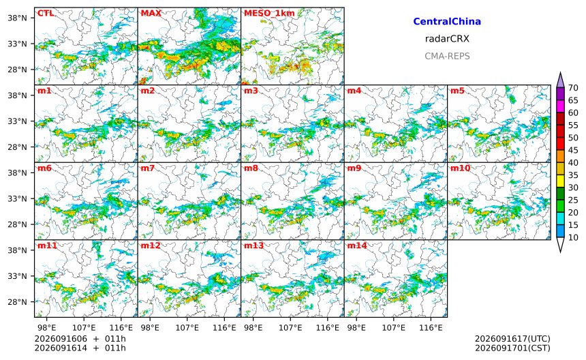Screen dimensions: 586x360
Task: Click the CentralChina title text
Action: click(x=447, y=21)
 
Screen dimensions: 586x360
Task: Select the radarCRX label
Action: click(x=447, y=38)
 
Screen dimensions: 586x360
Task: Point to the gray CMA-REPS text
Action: click(x=447, y=56)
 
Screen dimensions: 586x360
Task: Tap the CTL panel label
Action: click(x=45, y=13)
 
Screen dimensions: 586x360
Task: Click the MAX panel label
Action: click(x=151, y=13)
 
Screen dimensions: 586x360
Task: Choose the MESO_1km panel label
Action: click(x=269, y=14)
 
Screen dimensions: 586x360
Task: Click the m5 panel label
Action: click(x=457, y=91)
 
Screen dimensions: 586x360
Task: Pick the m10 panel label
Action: click(x=460, y=168)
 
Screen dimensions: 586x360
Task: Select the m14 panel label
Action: click(x=357, y=245)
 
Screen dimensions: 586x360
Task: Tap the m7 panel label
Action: click(x=148, y=168)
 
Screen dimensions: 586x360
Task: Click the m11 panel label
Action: click(x=47, y=245)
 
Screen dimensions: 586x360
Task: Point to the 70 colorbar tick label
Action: click(x=573, y=88)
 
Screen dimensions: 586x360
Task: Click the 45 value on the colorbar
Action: click(x=573, y=150)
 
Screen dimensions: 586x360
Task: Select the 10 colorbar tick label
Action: click(x=573, y=237)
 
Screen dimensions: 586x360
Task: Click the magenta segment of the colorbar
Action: click(x=560, y=106)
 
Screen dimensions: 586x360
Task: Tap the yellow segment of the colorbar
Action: click(x=560, y=181)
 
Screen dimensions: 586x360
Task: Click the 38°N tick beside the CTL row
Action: click(x=17, y=18)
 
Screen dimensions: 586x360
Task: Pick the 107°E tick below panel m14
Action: click(x=394, y=328)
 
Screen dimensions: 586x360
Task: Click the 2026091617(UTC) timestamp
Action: click(x=512, y=339)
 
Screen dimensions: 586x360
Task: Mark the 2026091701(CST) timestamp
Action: click(x=512, y=348)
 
